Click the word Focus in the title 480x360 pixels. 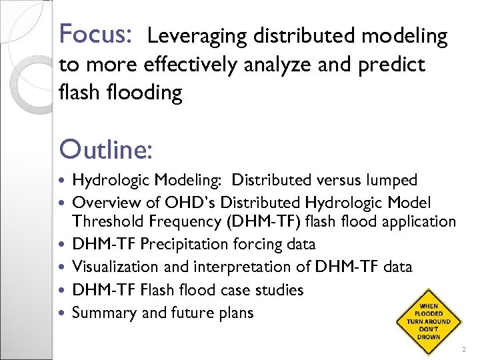(x=96, y=33)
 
